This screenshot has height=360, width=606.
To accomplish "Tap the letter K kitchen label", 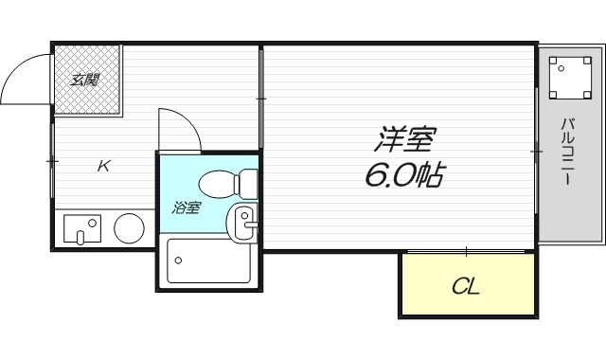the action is point(104,167).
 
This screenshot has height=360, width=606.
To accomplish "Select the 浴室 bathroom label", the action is point(186,207).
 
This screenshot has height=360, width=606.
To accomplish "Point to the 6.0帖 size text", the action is point(402,175).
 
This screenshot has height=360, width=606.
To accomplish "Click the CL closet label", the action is point(465,286).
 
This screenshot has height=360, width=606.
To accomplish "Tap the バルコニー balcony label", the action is point(568,152).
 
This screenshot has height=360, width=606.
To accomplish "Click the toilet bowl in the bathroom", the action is point(218,180).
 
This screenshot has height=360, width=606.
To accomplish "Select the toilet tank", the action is point(248,180).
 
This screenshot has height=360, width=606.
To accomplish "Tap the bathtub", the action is point(208,260).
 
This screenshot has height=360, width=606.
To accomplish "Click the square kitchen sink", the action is point(82,228).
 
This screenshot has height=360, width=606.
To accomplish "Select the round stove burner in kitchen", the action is point(129,228).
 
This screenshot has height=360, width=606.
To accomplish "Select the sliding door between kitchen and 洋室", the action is point(260,98).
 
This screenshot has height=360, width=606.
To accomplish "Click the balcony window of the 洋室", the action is point(537,150).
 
